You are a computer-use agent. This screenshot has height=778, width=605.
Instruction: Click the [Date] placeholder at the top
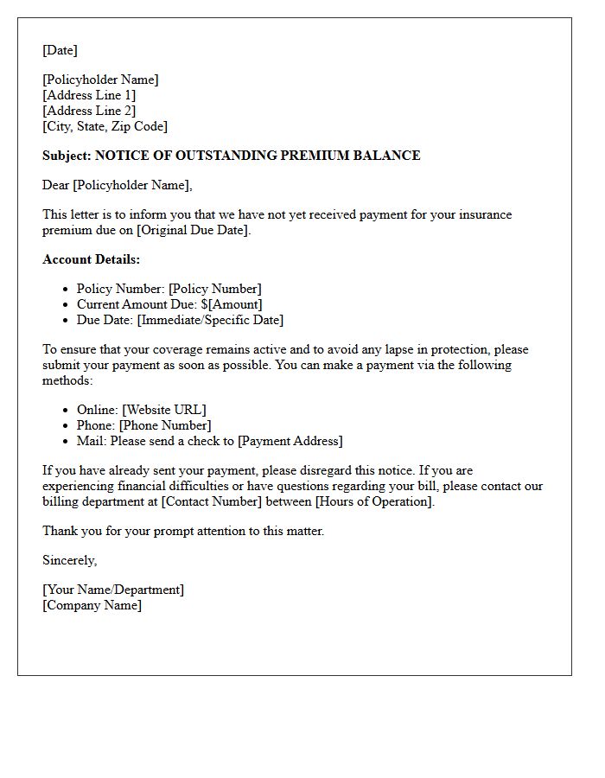tap(60, 50)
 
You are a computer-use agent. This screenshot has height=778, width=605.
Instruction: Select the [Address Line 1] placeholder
tap(89, 95)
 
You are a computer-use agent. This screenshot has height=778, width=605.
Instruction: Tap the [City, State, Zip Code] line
tap(105, 126)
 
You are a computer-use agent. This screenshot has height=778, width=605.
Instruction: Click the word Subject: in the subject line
tap(67, 156)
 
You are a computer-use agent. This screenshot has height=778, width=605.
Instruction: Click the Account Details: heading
tap(91, 259)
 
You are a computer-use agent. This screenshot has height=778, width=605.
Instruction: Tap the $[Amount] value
tap(231, 304)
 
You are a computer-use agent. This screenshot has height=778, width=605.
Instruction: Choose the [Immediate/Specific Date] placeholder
tap(210, 320)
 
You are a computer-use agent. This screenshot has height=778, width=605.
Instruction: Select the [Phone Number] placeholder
tap(165, 425)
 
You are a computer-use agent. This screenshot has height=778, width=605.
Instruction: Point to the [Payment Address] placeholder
tap(290, 441)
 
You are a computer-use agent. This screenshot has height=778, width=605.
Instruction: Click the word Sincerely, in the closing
tap(69, 560)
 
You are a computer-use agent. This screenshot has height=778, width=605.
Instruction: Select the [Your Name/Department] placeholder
tap(113, 590)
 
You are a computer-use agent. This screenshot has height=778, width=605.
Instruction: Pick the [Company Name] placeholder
tap(92, 605)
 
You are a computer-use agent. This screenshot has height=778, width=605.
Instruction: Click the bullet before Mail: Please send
tap(67, 441)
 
